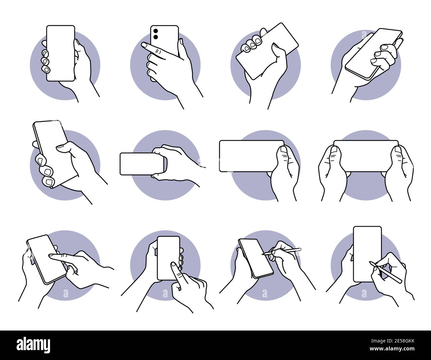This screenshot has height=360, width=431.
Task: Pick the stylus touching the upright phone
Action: pyautogui.click(x=386, y=272)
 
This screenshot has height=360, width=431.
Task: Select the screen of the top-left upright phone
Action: pyautogui.click(x=60, y=53)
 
